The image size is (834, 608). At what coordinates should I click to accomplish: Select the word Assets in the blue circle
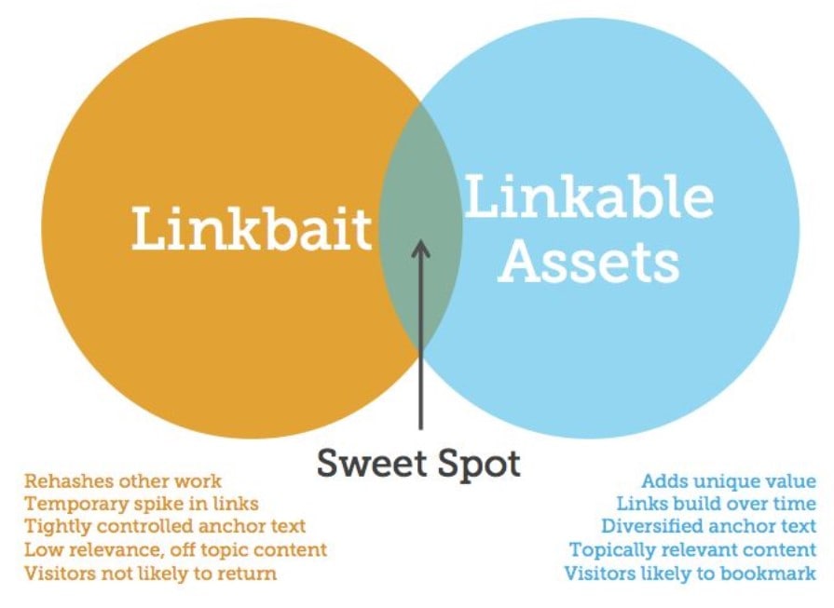pos(589,261)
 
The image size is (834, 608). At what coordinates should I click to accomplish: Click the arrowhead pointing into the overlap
pos(420,249)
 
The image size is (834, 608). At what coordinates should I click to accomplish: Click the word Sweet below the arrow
pos(371,463)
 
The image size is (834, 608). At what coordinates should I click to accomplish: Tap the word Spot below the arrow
pos(478,464)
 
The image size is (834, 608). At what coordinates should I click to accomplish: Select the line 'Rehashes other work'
pos(123,481)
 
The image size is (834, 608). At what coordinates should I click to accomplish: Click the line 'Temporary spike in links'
pos(142,504)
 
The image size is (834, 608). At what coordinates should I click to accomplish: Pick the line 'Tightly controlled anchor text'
pos(165,526)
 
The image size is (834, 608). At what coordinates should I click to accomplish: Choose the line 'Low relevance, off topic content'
pos(175,549)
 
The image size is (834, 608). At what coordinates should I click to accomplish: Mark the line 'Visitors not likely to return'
pos(151,573)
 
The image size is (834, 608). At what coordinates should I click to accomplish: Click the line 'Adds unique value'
pos(729,481)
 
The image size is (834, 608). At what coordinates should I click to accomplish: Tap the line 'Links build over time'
pos(716,504)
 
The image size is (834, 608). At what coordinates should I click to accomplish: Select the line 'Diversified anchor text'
pos(708,526)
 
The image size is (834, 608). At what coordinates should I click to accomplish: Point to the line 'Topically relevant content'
pos(692,549)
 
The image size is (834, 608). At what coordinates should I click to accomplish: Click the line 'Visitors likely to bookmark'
pos(690,573)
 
